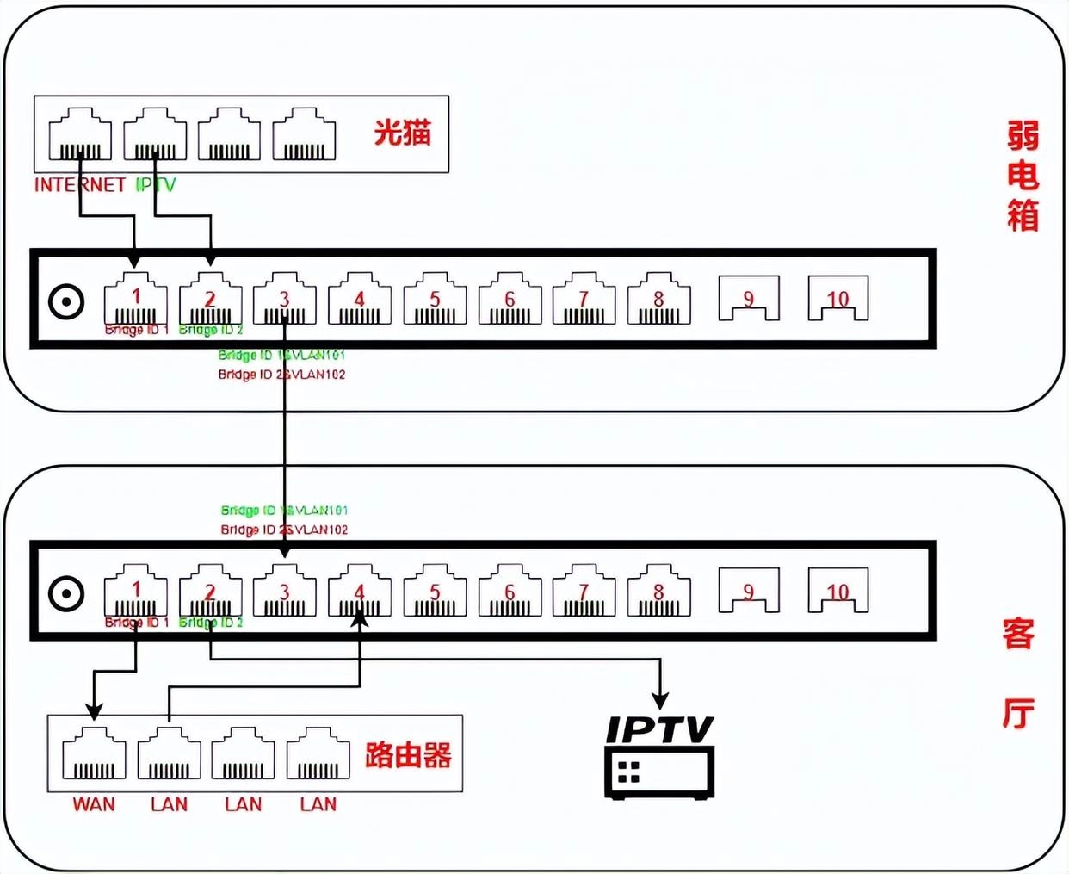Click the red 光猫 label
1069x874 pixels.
click(x=402, y=133)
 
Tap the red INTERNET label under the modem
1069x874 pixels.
click(x=80, y=184)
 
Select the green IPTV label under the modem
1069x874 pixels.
click(x=156, y=184)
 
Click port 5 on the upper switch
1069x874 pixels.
click(x=435, y=300)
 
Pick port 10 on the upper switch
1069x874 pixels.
click(x=837, y=298)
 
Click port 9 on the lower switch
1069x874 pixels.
click(x=749, y=591)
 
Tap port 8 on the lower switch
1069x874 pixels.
click(x=658, y=592)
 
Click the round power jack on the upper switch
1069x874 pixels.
click(x=66, y=302)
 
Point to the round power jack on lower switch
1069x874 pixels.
click(x=66, y=594)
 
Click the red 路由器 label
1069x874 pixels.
click(x=408, y=755)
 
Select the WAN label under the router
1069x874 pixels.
click(x=94, y=804)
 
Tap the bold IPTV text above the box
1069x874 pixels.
click(x=660, y=729)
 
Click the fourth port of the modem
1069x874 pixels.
click(x=304, y=135)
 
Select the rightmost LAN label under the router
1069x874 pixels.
click(x=318, y=804)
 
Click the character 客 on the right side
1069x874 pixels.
click(x=1018, y=635)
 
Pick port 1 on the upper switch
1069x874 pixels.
click(x=136, y=300)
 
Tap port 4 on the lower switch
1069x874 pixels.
click(x=360, y=592)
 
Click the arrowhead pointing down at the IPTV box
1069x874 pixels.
click(x=660, y=700)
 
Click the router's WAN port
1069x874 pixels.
click(x=94, y=754)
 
